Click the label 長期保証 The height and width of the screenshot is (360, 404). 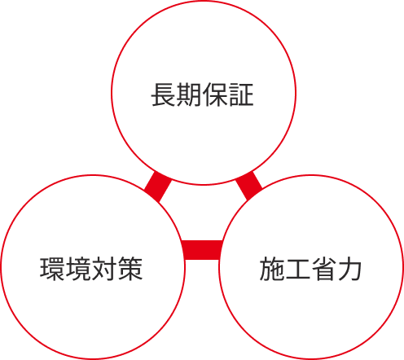click(x=202, y=94)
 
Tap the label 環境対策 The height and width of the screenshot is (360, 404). click(x=91, y=269)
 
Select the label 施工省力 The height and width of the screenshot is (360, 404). click(x=310, y=269)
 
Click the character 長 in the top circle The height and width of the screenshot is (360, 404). click(x=164, y=94)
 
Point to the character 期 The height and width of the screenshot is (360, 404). click(x=189, y=94)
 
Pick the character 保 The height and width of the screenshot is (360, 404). click(x=215, y=94)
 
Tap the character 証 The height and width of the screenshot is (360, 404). click(x=241, y=94)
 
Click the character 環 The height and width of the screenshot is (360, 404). click(x=52, y=269)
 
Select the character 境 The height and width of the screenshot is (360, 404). click(x=78, y=269)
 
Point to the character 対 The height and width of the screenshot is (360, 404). click(x=104, y=269)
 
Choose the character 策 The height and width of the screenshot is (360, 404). click(x=130, y=269)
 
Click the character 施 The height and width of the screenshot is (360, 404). click(x=272, y=269)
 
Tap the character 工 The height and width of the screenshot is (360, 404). click(x=297, y=269)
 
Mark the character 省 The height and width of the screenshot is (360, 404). click(x=323, y=269)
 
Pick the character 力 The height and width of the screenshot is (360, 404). click(x=349, y=269)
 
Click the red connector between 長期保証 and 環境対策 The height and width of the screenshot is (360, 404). click(x=158, y=187)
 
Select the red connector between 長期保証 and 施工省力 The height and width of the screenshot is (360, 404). click(x=249, y=186)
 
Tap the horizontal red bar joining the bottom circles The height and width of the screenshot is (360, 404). click(x=202, y=250)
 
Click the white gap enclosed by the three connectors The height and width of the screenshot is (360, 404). click(x=203, y=214)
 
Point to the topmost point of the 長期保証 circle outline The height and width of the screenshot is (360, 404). click(x=204, y=1)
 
